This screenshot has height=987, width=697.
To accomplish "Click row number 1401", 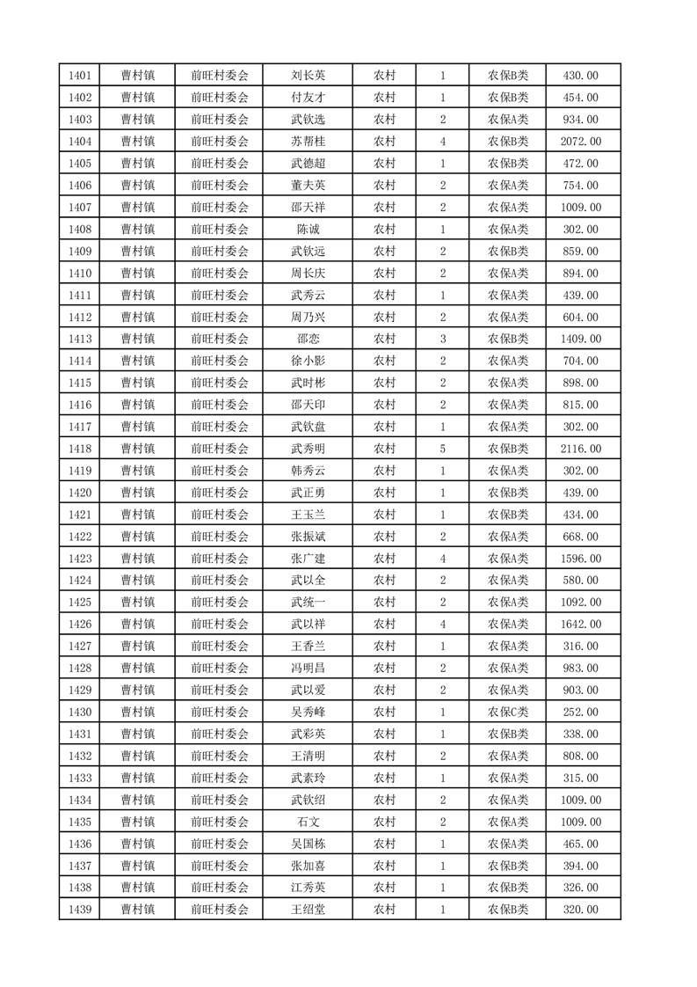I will pyautogui.click(x=79, y=76).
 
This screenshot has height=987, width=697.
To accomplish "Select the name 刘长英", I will pyautogui.click(x=308, y=76).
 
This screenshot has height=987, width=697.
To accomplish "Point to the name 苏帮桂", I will pyautogui.click(x=308, y=142).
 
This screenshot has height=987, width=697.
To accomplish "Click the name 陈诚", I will pyautogui.click(x=308, y=230).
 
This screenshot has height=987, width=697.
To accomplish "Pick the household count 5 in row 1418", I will pyautogui.click(x=442, y=449).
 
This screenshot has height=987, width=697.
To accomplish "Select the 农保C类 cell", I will pyautogui.click(x=508, y=712).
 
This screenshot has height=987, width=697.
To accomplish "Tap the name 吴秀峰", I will pyautogui.click(x=308, y=712).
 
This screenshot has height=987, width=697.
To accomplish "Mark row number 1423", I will pyautogui.click(x=79, y=559).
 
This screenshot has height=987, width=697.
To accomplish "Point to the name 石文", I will pyautogui.click(x=308, y=822).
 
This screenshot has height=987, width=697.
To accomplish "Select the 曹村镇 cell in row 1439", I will pyautogui.click(x=138, y=910).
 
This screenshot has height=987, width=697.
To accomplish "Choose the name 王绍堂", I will pyautogui.click(x=308, y=910).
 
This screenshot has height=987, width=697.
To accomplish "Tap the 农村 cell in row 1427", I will pyautogui.click(x=384, y=647).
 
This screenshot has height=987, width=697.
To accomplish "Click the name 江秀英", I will pyautogui.click(x=308, y=888).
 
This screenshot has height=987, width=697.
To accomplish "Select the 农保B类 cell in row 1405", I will pyautogui.click(x=508, y=164).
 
